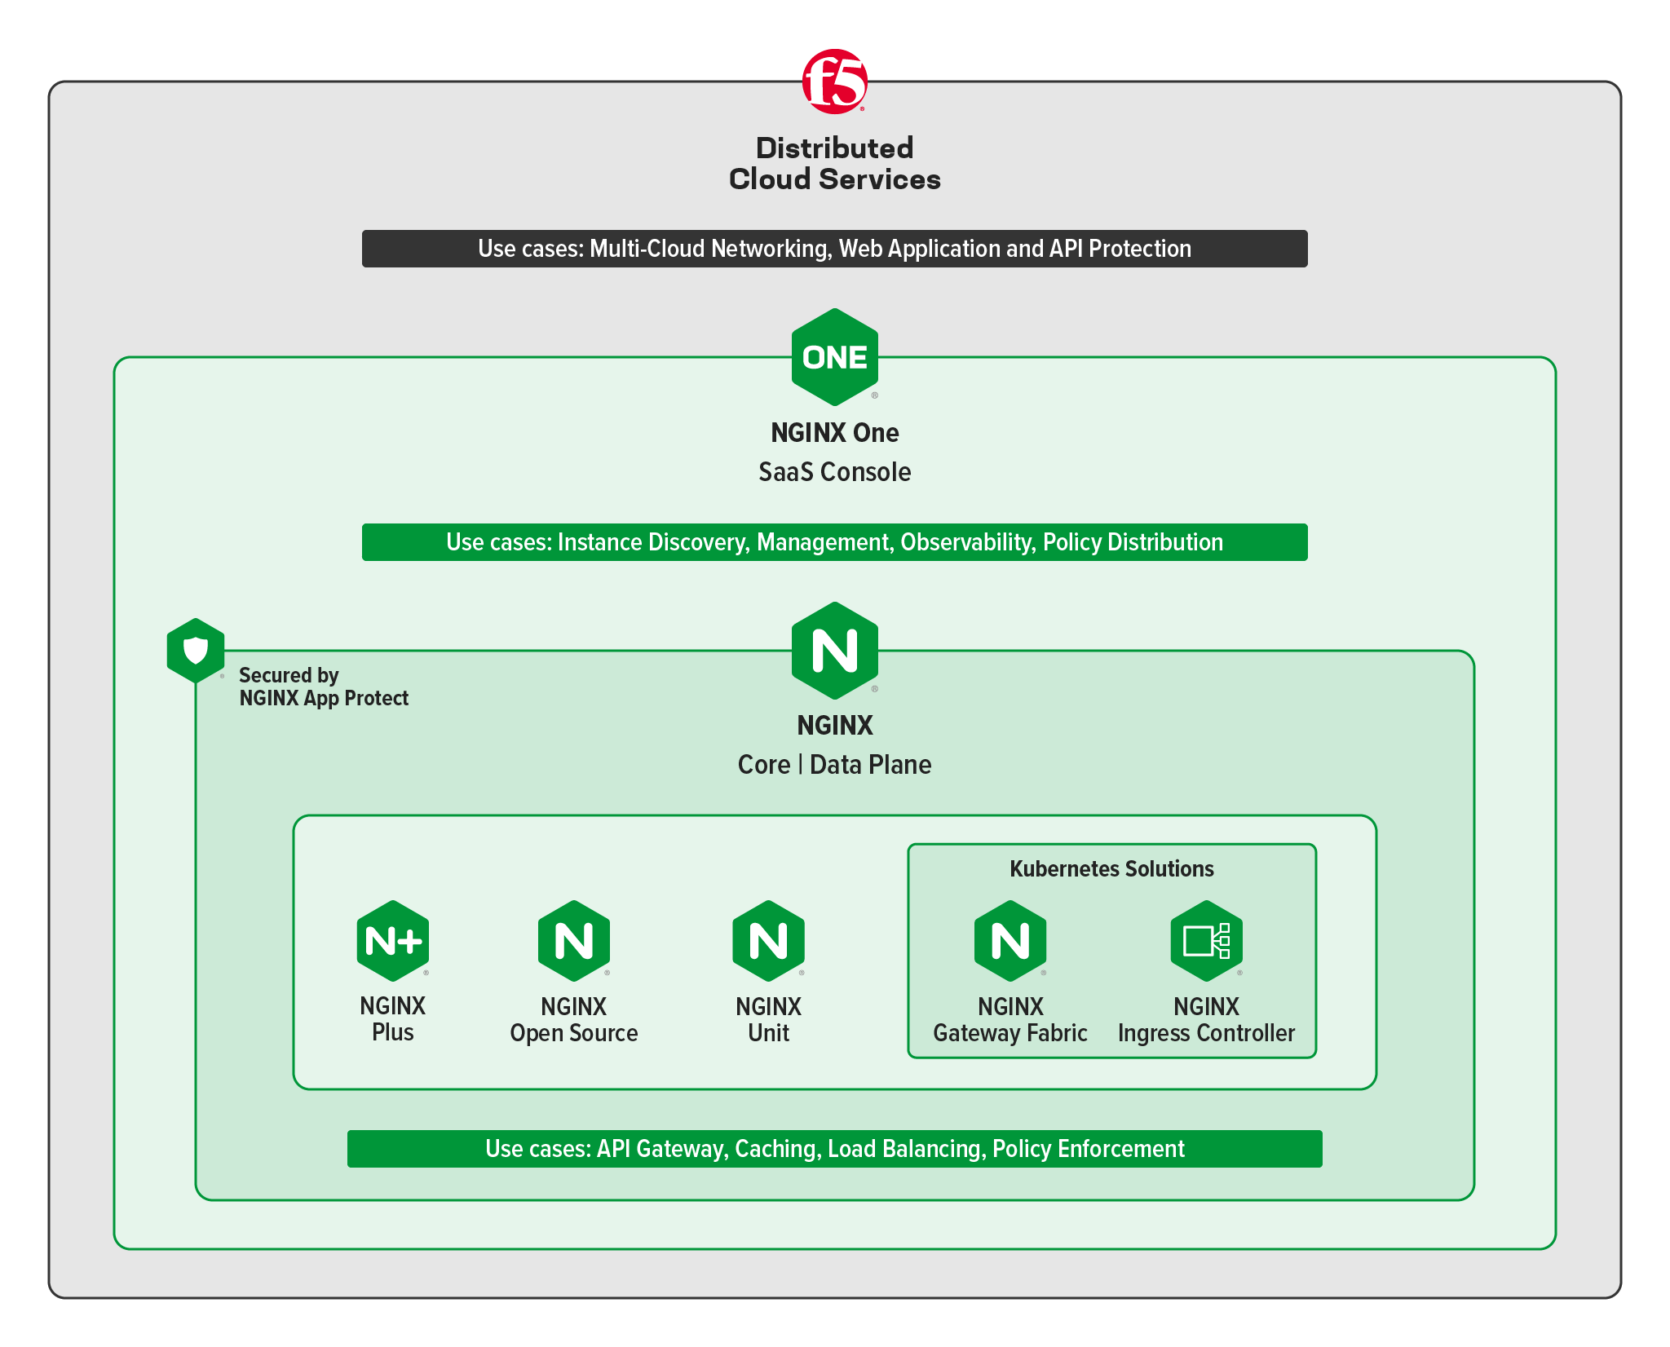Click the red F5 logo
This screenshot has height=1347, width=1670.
(x=834, y=81)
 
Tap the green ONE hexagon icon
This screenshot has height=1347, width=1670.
(x=834, y=357)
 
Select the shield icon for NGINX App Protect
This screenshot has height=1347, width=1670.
(x=196, y=651)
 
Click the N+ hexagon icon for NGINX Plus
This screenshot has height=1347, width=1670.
(x=393, y=941)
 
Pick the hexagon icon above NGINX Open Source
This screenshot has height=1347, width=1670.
(x=574, y=941)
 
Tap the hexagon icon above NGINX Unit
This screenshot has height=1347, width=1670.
(x=769, y=941)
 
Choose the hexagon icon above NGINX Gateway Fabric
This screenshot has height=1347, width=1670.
(x=1010, y=941)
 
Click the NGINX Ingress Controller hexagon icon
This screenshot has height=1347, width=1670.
(x=1207, y=941)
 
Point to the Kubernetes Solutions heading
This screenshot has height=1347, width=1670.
(x=1111, y=869)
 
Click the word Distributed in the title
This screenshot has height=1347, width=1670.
(x=834, y=148)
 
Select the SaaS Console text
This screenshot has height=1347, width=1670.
(x=834, y=472)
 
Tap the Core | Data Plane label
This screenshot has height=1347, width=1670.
(x=834, y=765)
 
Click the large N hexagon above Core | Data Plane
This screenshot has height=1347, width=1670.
(x=834, y=651)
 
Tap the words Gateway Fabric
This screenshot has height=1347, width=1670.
(x=1010, y=1033)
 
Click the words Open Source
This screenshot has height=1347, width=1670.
(x=574, y=1033)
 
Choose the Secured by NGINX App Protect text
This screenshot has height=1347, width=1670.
(x=324, y=687)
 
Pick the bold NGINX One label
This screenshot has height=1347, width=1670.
(x=834, y=433)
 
